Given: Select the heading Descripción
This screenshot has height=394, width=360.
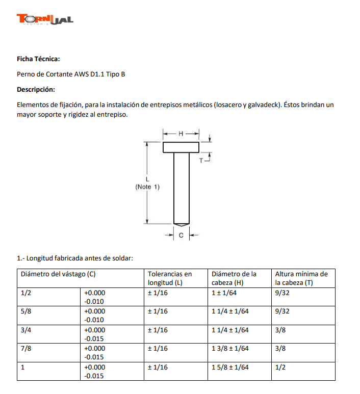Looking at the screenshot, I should [x=36, y=90].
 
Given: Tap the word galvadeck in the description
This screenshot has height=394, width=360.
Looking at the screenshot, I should [x=262, y=105].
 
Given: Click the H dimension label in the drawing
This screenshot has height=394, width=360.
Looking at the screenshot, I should [x=181, y=133].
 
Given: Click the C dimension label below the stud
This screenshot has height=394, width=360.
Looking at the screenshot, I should [x=182, y=235].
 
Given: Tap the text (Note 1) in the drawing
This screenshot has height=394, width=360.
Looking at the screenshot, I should [x=147, y=187].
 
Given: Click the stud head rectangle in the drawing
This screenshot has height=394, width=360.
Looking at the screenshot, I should [x=181, y=147].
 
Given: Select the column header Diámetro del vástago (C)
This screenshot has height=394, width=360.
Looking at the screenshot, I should [x=58, y=274].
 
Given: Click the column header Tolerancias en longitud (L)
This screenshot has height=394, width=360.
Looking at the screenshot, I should [x=170, y=278].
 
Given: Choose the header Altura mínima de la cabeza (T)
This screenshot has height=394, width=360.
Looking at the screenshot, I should [x=301, y=278].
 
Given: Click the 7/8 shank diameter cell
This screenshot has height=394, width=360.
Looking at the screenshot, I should [x=25, y=348].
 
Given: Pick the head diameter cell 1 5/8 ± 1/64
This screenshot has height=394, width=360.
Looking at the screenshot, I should [x=230, y=367].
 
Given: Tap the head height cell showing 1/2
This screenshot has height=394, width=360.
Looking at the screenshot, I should [x=280, y=367].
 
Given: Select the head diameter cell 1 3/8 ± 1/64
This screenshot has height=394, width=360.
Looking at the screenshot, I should [x=230, y=348].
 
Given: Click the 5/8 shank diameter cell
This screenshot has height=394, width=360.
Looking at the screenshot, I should [x=25, y=311].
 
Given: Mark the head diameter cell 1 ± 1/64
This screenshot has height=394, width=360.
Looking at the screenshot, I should [x=224, y=293].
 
